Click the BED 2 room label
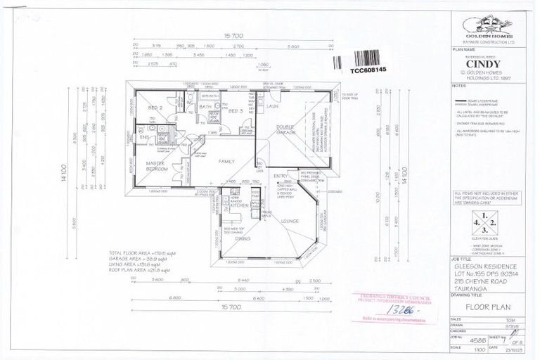coord(155,108)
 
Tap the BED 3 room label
coord(236,111)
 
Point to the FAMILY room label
coord(226,162)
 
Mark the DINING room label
coord(243,238)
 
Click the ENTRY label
coord(281,176)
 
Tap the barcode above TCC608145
coord(375,58)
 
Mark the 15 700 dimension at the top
coord(232,35)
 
